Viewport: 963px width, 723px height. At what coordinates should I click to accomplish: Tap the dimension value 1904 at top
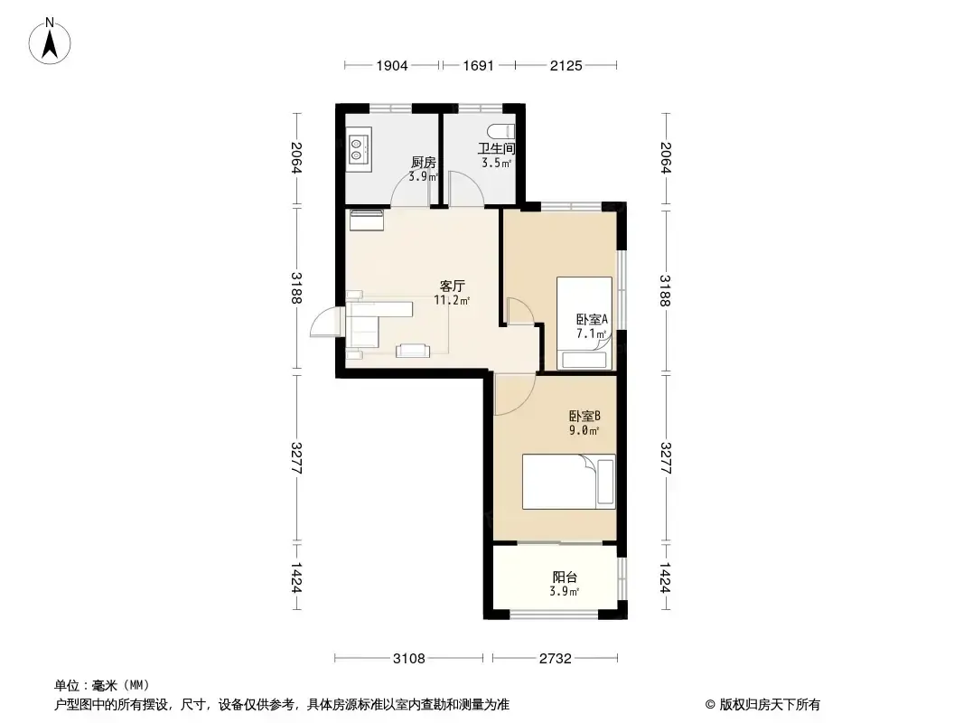click(392, 66)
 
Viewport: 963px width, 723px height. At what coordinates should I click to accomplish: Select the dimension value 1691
click(479, 66)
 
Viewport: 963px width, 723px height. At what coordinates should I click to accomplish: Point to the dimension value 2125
click(566, 66)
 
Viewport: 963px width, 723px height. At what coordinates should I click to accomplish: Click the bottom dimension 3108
click(409, 659)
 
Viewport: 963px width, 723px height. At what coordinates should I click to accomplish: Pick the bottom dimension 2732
click(556, 659)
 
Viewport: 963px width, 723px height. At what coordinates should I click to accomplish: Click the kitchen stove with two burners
click(358, 149)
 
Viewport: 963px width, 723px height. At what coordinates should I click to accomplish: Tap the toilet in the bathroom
click(501, 131)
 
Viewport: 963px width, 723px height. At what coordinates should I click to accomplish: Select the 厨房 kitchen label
click(423, 163)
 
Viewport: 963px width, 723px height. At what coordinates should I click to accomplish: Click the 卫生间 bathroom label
click(496, 148)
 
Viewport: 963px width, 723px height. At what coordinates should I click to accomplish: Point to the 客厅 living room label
click(452, 286)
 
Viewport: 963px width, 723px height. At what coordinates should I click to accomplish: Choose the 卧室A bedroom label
click(592, 319)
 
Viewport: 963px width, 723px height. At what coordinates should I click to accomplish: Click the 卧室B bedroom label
click(584, 416)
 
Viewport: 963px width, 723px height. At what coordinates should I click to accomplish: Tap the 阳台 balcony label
click(565, 577)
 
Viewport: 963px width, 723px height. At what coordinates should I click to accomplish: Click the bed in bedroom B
click(569, 482)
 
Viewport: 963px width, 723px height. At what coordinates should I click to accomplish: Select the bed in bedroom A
click(584, 324)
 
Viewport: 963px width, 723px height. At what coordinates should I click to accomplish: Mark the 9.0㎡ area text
click(584, 430)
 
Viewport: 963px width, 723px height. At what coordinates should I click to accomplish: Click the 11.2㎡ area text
click(452, 300)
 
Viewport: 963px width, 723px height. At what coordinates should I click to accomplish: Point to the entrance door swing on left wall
click(325, 321)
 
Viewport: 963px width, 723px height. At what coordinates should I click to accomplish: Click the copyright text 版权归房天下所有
click(770, 705)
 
